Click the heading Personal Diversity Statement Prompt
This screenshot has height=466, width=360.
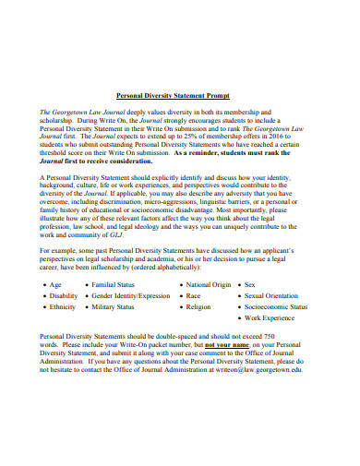pos(179,95)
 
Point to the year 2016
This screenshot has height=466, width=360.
pos(296,133)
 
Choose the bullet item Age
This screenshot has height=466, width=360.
pos(55,285)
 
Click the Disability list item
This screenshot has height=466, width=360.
pos(64,296)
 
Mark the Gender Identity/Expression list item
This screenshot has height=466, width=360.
pos(131,296)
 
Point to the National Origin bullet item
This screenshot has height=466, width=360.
pos(208,285)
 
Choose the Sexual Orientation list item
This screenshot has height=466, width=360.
pos(276,296)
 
